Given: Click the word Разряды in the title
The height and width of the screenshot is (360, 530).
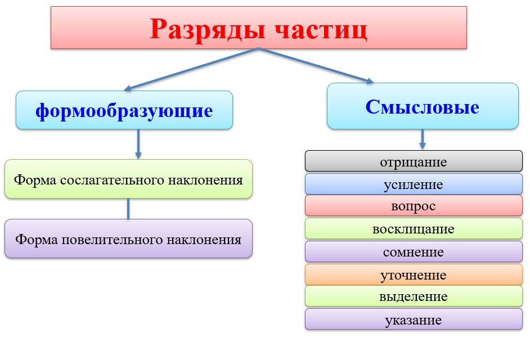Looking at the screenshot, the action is (207, 30).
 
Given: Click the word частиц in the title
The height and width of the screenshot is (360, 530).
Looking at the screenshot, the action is (321, 30).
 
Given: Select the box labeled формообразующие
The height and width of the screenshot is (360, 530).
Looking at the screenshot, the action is (124, 110).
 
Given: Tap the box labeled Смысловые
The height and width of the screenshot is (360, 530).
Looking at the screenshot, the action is (423, 106).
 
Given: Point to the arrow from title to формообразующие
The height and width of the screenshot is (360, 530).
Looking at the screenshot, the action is (191, 69).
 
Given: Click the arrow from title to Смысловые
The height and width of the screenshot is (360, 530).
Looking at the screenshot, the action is (316, 65).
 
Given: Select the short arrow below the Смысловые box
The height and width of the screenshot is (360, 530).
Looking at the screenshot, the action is (422, 139).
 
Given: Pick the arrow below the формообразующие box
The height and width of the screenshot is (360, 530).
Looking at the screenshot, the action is (138, 144).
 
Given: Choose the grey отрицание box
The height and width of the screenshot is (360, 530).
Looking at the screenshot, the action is (414, 161).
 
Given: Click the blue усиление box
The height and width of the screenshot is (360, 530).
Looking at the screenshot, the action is (414, 184).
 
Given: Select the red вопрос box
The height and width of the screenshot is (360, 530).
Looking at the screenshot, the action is (414, 205).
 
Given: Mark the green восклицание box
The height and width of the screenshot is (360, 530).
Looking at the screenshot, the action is (414, 228).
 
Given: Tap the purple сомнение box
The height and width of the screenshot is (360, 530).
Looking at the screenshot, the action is (414, 251).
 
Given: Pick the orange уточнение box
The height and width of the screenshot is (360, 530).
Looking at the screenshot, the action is (414, 274).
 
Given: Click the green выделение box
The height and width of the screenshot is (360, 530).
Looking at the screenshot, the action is (414, 296).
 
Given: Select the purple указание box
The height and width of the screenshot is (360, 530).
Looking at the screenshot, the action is (414, 319).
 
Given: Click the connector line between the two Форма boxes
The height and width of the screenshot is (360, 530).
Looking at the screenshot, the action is (128, 209).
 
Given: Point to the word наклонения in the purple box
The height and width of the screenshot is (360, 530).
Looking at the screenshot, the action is (204, 240).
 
